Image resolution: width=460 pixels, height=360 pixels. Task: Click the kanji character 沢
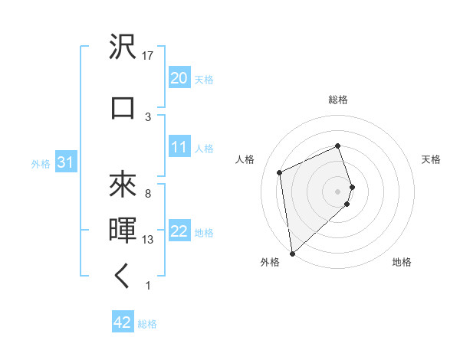[123, 47]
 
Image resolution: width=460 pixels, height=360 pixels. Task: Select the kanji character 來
[123, 184]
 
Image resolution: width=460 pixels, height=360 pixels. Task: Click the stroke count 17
[148, 56]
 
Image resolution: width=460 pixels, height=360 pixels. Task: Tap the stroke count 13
[148, 240]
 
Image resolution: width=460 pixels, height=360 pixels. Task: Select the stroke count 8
[148, 193]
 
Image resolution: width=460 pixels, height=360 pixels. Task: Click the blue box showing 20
[179, 78]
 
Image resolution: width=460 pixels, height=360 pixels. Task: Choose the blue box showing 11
[179, 148]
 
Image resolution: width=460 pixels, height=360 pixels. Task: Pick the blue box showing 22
[179, 232]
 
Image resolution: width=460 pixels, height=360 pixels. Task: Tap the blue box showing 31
[65, 163]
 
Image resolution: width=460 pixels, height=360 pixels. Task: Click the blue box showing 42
[123, 323]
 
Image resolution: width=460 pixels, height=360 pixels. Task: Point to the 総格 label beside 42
[147, 324]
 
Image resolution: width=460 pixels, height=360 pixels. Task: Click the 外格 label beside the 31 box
[41, 164]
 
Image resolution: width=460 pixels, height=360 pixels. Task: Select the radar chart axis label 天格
[431, 159]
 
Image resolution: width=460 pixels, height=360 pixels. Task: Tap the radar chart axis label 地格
[402, 263]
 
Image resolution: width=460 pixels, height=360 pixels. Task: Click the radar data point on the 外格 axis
[291, 253]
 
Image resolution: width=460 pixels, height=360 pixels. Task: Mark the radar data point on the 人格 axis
[280, 172]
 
